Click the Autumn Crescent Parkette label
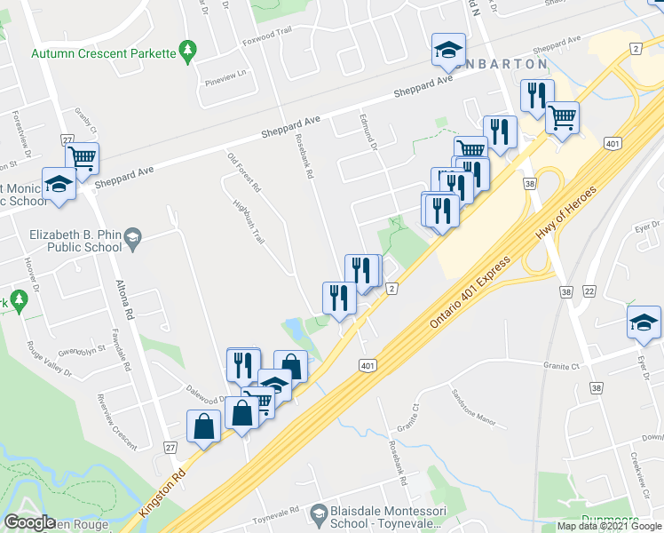tap(102, 53)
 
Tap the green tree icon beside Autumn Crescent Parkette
tap(187, 52)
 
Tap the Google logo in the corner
tap(29, 522)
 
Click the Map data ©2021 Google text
tap(610, 526)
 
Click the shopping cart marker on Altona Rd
tap(83, 158)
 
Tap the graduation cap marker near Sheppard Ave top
tap(448, 49)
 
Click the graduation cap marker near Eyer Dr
tap(644, 322)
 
